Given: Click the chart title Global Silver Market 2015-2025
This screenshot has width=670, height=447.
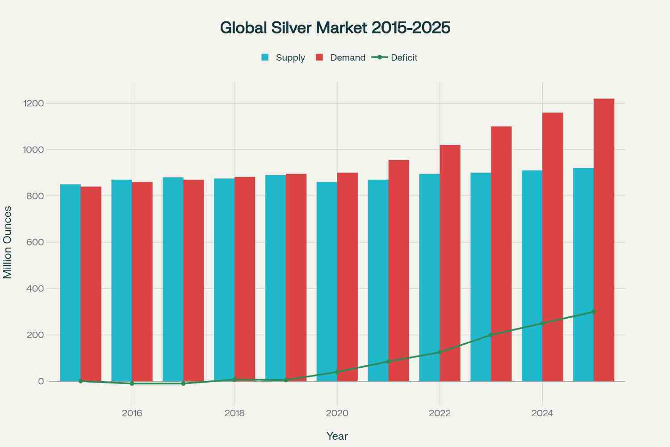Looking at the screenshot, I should [x=335, y=28].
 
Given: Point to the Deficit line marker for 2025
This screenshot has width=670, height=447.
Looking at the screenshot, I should [x=594, y=312].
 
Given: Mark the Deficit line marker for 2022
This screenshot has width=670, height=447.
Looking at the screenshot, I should [x=440, y=352].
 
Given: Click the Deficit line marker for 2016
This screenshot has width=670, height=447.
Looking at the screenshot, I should [x=132, y=384].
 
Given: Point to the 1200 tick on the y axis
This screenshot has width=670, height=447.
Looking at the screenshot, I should [x=34, y=103].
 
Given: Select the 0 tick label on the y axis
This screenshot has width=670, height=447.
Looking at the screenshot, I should [x=41, y=381].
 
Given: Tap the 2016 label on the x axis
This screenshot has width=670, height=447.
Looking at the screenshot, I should [x=132, y=413].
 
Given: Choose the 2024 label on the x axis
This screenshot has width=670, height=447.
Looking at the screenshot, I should [x=542, y=413].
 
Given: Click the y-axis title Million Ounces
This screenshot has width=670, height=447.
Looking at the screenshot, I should [x=8, y=242].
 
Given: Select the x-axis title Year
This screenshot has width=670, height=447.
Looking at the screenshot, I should [x=337, y=436].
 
